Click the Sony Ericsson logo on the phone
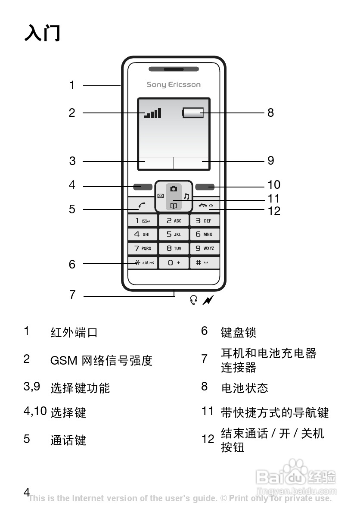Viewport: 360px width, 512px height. point(174,84)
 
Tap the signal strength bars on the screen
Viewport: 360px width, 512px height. point(153,113)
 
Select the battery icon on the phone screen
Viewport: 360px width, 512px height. point(193,113)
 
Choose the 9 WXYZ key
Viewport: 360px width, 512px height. point(205,248)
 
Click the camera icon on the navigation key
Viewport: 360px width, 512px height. point(174,189)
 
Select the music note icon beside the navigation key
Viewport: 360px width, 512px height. point(186,196)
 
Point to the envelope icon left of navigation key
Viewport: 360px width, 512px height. point(160,196)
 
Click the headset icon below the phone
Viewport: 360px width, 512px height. point(194,300)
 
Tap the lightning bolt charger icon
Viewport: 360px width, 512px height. point(208,300)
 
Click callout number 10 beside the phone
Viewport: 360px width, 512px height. point(274,185)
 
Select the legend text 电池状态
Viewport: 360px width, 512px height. point(245,388)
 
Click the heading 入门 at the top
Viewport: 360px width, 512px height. point(42,33)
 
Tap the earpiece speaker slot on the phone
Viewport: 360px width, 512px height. point(174,69)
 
